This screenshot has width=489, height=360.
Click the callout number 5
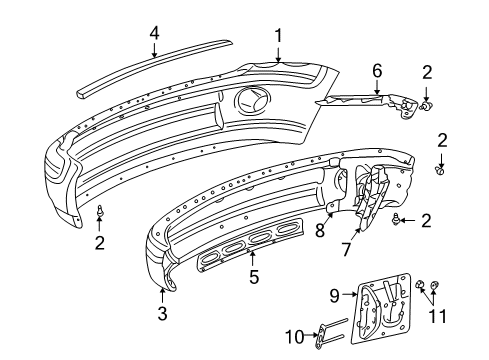pyautogui.click(x=254, y=277)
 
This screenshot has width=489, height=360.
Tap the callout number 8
pyautogui.click(x=319, y=230)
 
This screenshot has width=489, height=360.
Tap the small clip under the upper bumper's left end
pyautogui.click(x=101, y=212)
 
